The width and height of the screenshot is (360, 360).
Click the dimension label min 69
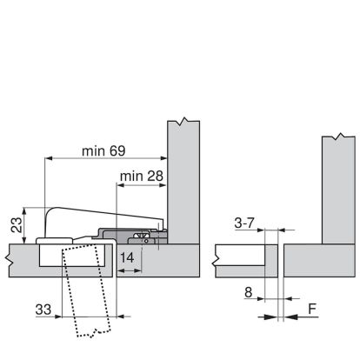click(103, 151)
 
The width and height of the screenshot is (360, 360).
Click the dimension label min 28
click(142, 176)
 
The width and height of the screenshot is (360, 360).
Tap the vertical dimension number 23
click(17, 224)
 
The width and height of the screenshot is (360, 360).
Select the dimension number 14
click(127, 257)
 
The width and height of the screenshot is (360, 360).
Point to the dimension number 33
click(43, 310)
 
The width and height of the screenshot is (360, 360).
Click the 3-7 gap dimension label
click(244, 223)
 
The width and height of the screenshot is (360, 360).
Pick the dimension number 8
click(249, 292)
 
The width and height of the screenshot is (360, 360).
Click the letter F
click(312, 309)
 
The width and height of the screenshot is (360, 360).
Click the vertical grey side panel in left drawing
click(183, 183)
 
